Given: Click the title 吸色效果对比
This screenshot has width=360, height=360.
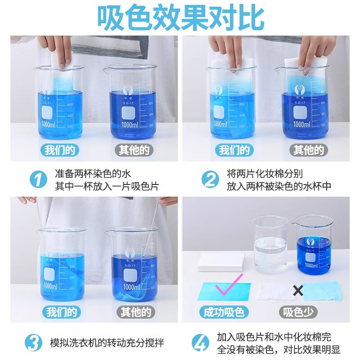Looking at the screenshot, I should [180, 18].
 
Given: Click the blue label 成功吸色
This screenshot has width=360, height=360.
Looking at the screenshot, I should [224, 312].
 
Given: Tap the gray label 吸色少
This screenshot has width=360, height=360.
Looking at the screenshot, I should [297, 312].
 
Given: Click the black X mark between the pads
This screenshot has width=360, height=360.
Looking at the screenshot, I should [298, 291].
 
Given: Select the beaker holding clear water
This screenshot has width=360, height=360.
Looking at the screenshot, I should [270, 245].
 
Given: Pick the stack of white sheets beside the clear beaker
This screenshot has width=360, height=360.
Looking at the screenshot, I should [221, 261].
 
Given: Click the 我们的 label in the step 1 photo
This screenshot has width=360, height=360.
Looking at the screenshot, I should [60, 150].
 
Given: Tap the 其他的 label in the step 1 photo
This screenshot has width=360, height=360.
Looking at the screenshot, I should [134, 150].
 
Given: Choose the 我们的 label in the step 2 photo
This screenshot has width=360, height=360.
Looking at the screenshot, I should [234, 150].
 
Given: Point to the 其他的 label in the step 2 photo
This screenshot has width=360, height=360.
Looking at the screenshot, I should [308, 150].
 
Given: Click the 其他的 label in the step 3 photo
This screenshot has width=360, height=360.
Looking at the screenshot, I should [134, 312].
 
